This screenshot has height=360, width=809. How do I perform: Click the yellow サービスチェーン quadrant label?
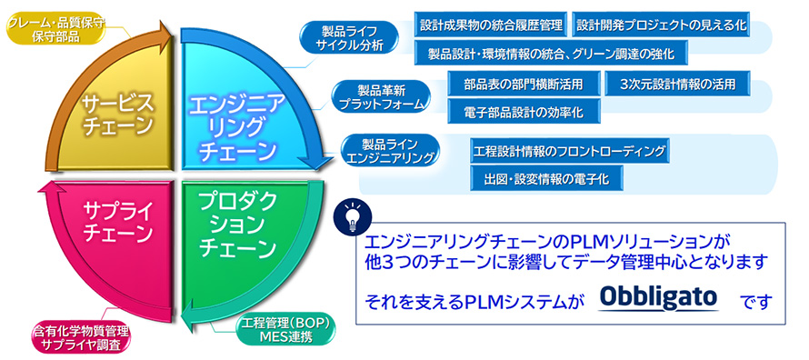point(117,115)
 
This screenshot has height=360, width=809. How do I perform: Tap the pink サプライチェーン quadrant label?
point(117,223)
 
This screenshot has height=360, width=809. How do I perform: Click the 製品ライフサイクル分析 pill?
point(350,36)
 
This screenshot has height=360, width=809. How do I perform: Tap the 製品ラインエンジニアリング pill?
point(390,150)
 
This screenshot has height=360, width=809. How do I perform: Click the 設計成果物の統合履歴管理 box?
point(491,25)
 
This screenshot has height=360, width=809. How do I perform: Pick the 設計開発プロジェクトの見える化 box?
point(661,25)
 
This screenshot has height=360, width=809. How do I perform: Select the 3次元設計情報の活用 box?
point(678,83)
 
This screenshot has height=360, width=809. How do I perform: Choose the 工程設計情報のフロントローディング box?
point(570,151)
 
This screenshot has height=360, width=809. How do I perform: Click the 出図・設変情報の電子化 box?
point(547,178)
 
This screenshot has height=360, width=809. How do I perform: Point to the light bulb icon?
point(353,215)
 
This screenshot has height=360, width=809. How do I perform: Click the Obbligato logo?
point(659,297)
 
